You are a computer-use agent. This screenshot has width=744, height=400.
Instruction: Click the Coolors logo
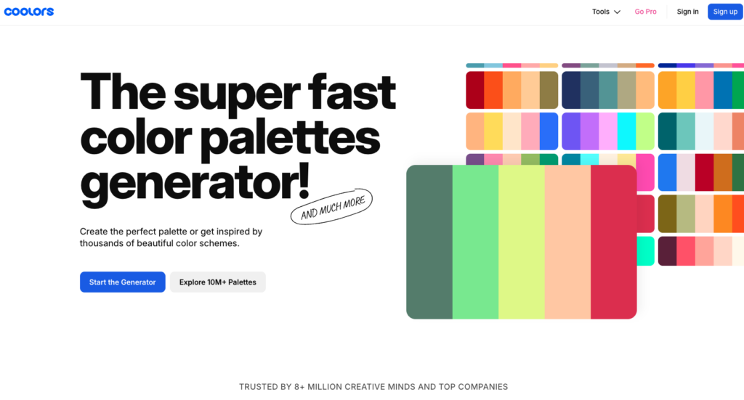pos(29,12)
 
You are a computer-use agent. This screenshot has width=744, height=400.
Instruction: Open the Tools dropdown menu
pos(606,12)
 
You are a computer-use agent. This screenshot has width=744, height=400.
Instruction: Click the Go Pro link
pos(645,12)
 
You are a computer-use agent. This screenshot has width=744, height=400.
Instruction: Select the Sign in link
pos(687,12)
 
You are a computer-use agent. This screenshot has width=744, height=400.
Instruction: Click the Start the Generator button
pos(122,282)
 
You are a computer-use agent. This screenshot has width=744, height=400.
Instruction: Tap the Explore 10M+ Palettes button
pos(218,282)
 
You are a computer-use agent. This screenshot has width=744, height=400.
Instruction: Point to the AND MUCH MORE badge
pos(331,207)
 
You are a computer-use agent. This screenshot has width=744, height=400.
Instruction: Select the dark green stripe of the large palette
pos(429,242)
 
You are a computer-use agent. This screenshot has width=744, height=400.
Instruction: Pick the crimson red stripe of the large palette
pos(613,242)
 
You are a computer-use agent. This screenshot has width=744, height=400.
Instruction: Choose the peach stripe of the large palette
pos(567,242)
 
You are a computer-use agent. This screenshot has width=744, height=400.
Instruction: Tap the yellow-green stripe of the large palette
pos(522,242)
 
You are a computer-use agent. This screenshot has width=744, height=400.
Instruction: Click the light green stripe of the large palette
pos(475,242)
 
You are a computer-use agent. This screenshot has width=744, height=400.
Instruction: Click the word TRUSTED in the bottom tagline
pos(258,387)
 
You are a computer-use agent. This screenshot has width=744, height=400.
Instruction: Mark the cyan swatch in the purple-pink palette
pos(626,131)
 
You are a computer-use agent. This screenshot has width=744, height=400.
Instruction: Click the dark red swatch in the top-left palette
pos(475,90)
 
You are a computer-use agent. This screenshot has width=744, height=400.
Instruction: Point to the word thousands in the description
pos(100,244)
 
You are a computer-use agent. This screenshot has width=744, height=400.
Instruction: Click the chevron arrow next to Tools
pos(617,12)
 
